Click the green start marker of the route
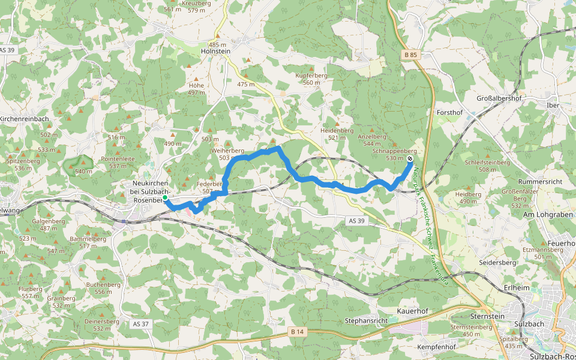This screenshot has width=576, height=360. pyautogui.click(x=165, y=197)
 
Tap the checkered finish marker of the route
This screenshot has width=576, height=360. pyautogui.click(x=410, y=159)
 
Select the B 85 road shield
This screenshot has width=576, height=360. pyautogui.click(x=410, y=55)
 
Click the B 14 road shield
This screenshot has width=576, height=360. pyautogui.click(x=296, y=331)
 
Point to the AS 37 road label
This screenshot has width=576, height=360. pyautogui.click(x=140, y=323)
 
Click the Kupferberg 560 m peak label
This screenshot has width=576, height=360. pyautogui.click(x=311, y=79)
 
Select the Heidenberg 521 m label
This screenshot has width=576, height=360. pyautogui.click(x=337, y=134)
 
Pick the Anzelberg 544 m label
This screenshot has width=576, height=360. pyautogui.click(x=371, y=140)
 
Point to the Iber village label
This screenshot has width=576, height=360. pyautogui.click(x=553, y=105)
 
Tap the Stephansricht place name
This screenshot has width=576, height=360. pyautogui.click(x=366, y=320)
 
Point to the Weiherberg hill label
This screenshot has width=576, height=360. pyautogui.click(x=226, y=154)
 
